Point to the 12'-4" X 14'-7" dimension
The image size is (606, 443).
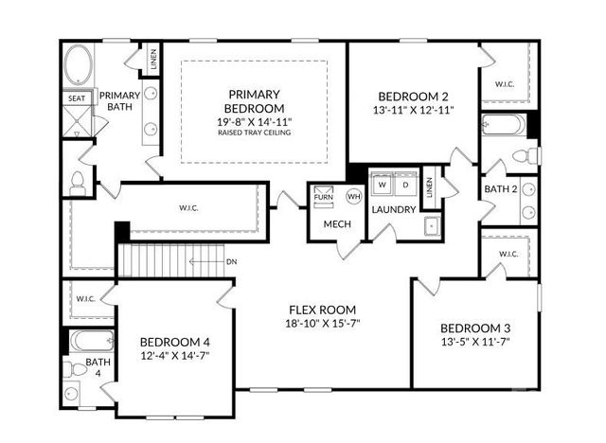click(x=175, y=355)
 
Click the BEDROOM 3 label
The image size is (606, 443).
click(x=474, y=327)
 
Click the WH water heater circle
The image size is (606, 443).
click(x=354, y=196)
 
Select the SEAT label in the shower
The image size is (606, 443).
click(x=77, y=97)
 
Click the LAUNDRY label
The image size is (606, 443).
click(x=394, y=209)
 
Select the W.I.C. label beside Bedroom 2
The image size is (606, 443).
click(x=503, y=83)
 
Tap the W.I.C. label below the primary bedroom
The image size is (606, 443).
click(x=188, y=206)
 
